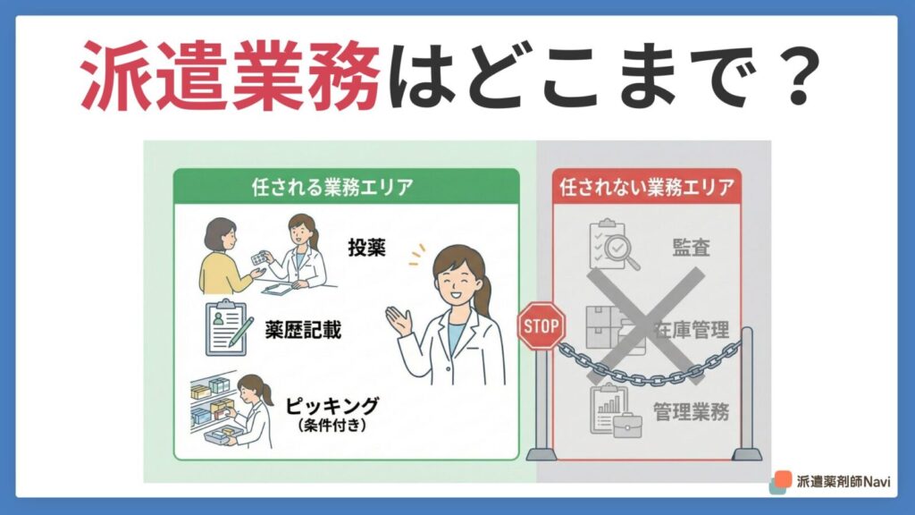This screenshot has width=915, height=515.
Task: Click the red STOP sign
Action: pyautogui.click(x=541, y=325)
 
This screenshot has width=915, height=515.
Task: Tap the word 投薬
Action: pyautogui.click(x=366, y=248)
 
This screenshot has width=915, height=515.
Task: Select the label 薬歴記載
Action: pyautogui.click(x=303, y=331)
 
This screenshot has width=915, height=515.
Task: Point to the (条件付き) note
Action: pyautogui.click(x=332, y=425)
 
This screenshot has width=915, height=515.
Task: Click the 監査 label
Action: pyautogui.click(x=691, y=248)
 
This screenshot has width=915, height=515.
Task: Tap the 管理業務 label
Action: pyautogui.click(x=691, y=411)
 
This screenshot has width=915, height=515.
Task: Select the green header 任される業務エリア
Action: pyautogui.click(x=332, y=187)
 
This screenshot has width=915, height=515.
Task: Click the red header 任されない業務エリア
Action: pyautogui.click(x=647, y=187)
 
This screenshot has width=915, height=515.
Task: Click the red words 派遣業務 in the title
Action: pyautogui.click(x=231, y=76)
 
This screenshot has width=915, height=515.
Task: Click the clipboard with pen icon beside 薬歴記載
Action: pyautogui.click(x=229, y=328)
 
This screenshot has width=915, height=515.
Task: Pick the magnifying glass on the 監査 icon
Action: pyautogui.click(x=621, y=251)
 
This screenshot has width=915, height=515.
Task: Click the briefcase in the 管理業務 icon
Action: pyautogui.click(x=627, y=426)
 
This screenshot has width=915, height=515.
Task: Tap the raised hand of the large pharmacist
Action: pyautogui.click(x=399, y=321)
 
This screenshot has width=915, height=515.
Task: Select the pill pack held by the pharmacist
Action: pyautogui.click(x=261, y=257)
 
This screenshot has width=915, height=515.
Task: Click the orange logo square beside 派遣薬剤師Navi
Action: pyautogui.click(x=783, y=479)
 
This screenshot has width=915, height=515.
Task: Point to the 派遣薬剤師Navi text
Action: pyautogui.click(x=844, y=482)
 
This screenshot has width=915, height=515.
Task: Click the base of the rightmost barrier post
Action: pyautogui.click(x=747, y=453)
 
